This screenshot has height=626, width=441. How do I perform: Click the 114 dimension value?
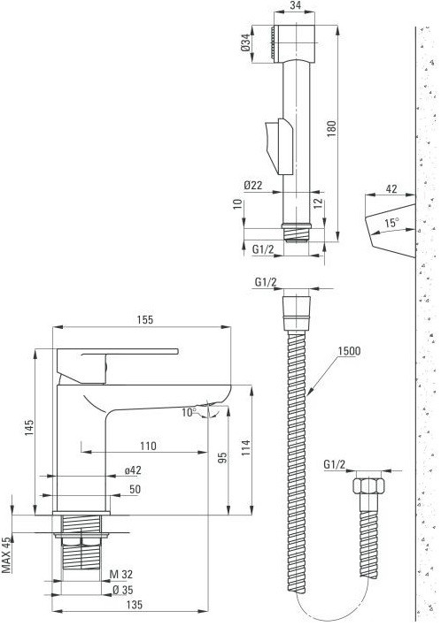pos(245,448)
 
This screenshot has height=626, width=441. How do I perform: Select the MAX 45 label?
pos(7,554)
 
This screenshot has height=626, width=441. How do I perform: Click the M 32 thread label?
pos(121,576)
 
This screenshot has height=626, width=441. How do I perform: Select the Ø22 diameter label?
pos(254,185)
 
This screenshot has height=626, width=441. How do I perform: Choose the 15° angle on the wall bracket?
pos(392,225)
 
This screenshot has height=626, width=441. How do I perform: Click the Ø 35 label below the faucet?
pos(121,591)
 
